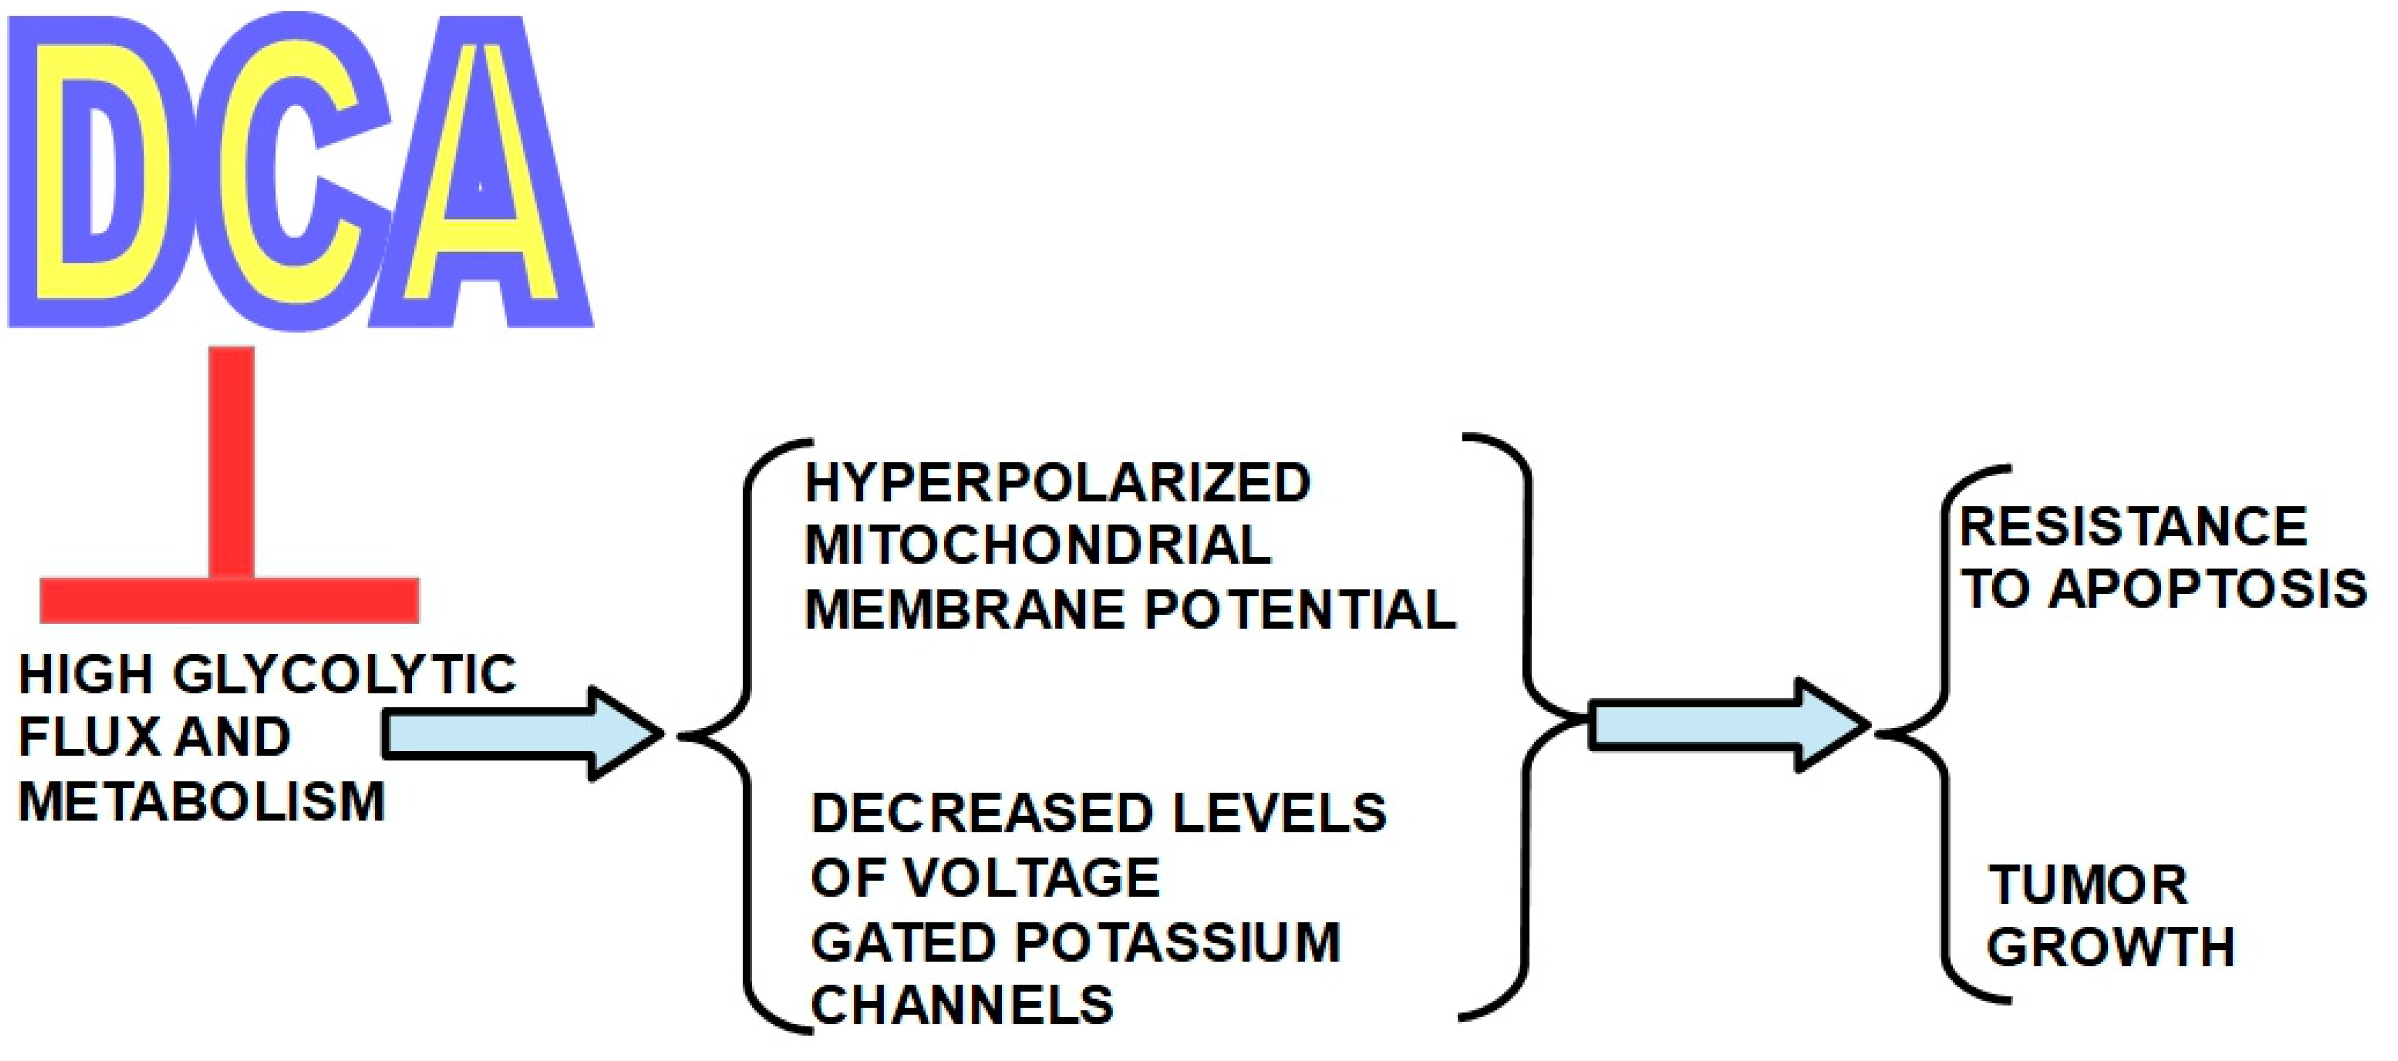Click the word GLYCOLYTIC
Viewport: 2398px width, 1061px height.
(x=345, y=675)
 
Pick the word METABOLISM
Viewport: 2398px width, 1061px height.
(x=201, y=801)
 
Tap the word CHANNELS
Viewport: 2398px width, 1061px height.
(x=962, y=1005)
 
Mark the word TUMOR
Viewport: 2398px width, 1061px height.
(x=2087, y=885)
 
